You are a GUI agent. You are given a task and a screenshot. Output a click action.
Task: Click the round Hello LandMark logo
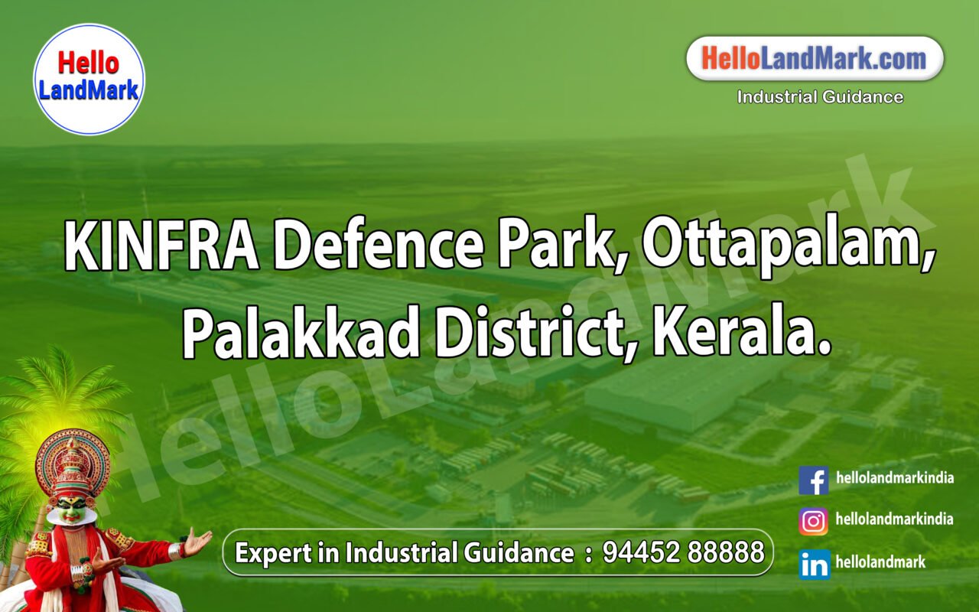pos(89,80)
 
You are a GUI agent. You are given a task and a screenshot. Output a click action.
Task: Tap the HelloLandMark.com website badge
pos(814,58)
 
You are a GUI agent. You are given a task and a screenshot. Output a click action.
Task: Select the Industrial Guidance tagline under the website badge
pos(820,97)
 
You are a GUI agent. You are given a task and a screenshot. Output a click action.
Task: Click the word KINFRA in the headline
pos(161,245)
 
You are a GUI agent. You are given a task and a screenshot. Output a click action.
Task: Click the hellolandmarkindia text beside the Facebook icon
pos(895,478)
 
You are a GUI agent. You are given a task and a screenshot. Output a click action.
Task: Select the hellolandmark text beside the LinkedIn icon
pos(880,562)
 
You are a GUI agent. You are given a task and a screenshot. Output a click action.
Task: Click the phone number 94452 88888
pos(683,552)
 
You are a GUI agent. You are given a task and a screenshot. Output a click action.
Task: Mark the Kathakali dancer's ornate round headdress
pos(72,463)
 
